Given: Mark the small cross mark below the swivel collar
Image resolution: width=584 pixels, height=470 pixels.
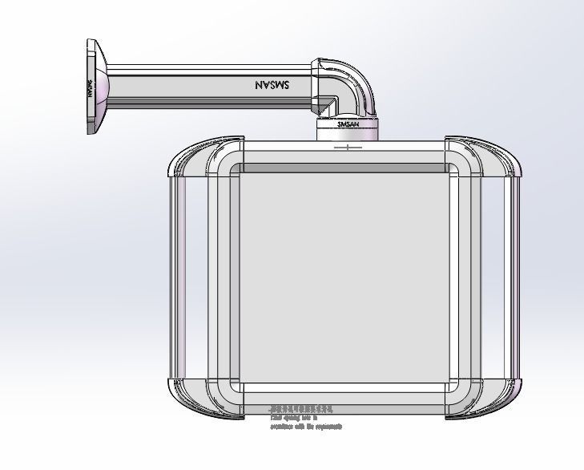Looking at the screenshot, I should coord(348,147).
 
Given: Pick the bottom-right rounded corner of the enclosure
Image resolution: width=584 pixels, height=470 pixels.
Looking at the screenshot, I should coord(485,397).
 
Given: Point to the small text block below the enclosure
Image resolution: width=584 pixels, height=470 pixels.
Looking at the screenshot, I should coord(304,418).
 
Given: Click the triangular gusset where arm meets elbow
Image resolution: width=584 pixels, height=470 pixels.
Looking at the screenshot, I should coord(323,104).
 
